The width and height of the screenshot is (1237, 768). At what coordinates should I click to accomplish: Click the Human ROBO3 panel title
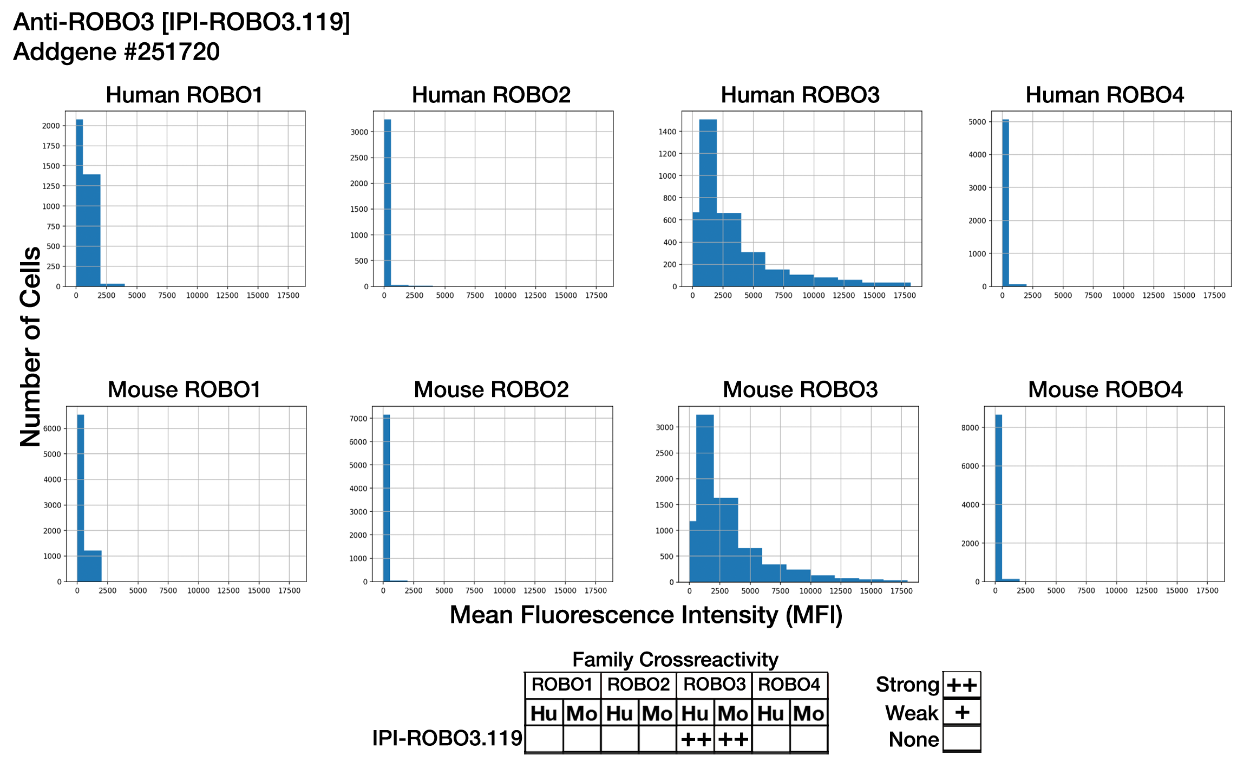click(x=800, y=95)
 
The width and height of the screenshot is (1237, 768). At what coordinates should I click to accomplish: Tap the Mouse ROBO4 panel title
click(x=1105, y=390)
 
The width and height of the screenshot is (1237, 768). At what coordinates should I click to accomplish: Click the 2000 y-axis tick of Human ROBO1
click(x=51, y=126)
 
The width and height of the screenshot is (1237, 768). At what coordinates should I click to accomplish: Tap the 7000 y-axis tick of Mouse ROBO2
click(x=359, y=419)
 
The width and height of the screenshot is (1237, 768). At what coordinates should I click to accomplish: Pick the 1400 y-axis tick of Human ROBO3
click(x=667, y=132)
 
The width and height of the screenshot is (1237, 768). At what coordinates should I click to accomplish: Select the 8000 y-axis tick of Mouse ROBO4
click(x=970, y=428)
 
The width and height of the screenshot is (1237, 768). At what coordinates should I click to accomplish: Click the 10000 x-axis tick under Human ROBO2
click(x=505, y=296)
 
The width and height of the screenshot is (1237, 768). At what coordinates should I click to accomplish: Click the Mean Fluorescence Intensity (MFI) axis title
click(x=646, y=615)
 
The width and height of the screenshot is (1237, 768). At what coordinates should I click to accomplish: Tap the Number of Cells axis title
click(x=30, y=347)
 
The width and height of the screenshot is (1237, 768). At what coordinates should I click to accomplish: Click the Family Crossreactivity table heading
click(x=675, y=660)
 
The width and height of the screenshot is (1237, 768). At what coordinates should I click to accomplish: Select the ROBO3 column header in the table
click(x=714, y=685)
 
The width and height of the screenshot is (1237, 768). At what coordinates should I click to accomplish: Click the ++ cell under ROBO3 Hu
click(x=696, y=739)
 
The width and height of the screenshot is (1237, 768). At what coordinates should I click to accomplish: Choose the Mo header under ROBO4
click(x=809, y=714)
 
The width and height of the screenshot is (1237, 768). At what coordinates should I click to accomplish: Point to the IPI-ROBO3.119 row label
click(x=447, y=738)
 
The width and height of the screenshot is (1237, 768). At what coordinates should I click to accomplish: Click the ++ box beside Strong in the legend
click(x=961, y=685)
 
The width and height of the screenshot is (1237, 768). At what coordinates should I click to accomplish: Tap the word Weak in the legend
click(x=912, y=713)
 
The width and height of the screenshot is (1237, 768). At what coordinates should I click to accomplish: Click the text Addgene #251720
click(x=116, y=53)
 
